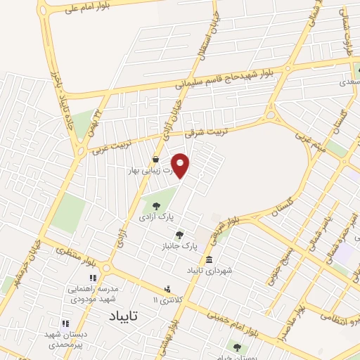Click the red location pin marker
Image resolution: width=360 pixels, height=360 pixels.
(181, 166)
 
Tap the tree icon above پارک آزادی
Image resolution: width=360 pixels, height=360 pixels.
(156, 206)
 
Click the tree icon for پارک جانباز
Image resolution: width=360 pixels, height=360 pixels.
(180, 235)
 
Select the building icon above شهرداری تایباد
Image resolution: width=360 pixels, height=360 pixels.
(209, 259)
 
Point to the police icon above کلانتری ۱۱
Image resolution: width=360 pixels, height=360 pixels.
(167, 288)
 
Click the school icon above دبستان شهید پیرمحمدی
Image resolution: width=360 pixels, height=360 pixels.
(65, 323)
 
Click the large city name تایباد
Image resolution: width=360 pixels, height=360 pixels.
(130, 318)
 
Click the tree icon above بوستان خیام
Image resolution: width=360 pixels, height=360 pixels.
(236, 347)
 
